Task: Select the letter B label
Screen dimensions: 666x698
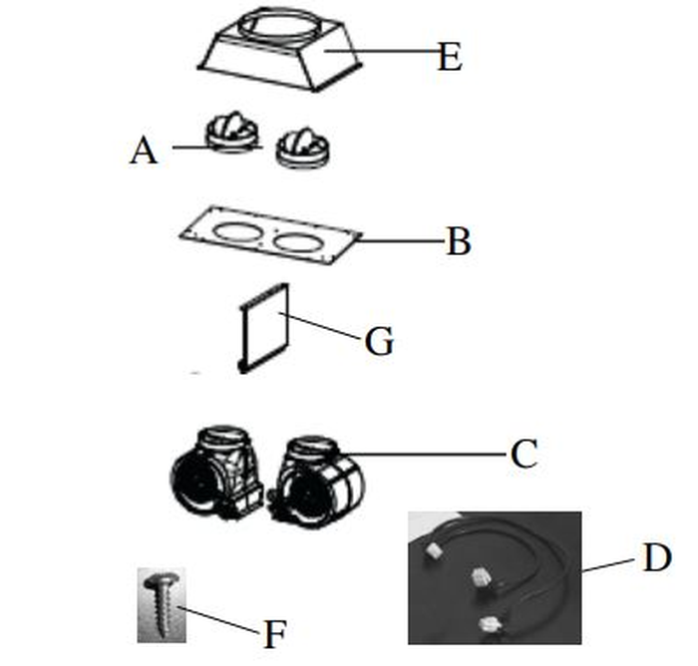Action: click(458, 242)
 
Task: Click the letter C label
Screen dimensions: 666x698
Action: click(523, 455)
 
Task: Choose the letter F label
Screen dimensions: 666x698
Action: click(274, 635)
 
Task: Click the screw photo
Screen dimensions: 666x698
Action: click(161, 604)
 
